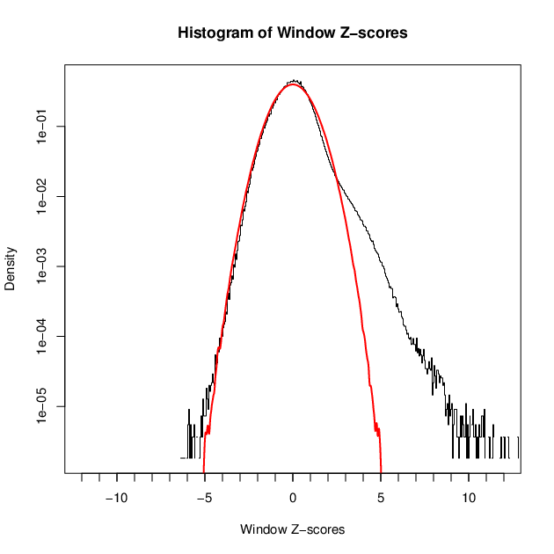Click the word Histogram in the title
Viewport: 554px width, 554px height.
[212, 33]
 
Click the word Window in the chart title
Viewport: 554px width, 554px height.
[305, 33]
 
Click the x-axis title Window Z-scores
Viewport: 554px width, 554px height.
[293, 529]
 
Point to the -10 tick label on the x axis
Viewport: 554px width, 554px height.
[117, 498]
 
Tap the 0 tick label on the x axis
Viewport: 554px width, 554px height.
[293, 498]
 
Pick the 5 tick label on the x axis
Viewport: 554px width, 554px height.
[381, 498]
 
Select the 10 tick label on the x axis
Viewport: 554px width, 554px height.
[469, 498]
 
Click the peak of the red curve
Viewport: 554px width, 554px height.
[293, 84]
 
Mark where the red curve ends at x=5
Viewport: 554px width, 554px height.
[381, 471]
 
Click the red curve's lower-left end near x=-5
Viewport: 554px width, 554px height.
[204, 471]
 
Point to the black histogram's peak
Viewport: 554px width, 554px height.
[295, 80]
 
